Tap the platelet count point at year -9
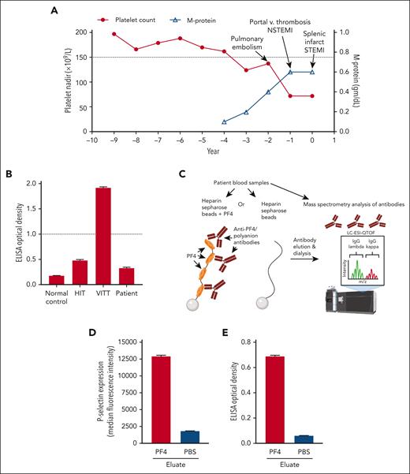[114, 34]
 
